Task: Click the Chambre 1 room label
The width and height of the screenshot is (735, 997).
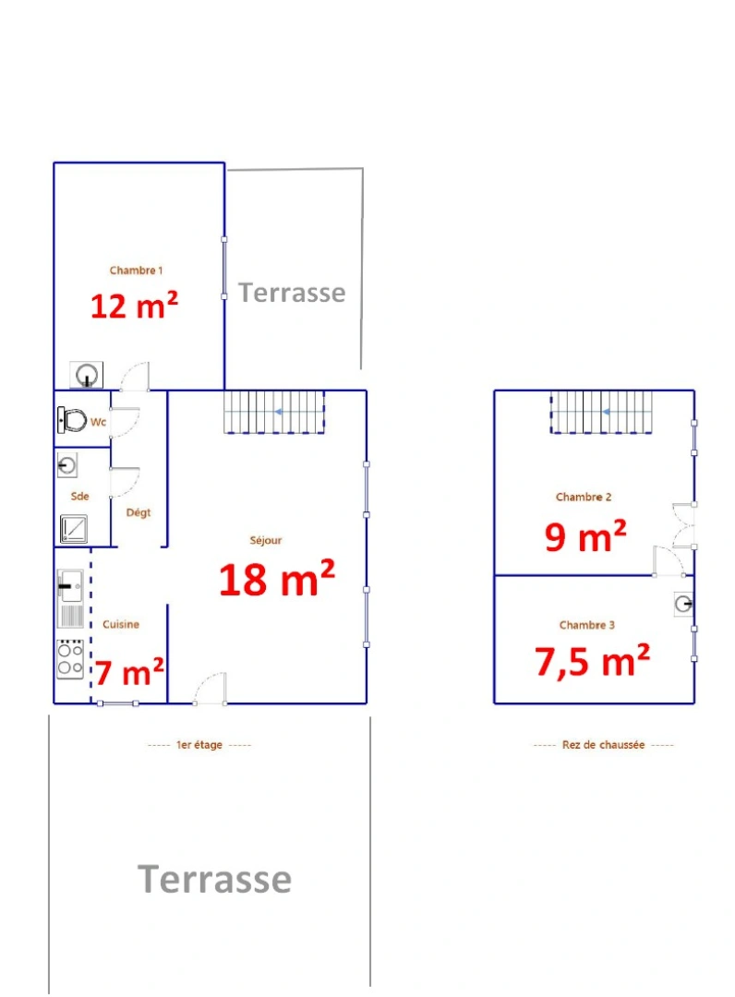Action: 136,270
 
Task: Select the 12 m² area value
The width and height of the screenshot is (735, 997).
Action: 134,306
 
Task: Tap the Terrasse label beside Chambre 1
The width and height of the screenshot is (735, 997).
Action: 292,293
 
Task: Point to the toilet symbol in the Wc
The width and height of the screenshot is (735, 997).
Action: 72,420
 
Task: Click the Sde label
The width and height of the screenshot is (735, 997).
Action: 80,496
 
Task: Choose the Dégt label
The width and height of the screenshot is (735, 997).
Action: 139,512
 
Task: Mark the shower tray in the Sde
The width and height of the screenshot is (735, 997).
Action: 73,528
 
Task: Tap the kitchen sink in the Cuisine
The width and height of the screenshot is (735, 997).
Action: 70,585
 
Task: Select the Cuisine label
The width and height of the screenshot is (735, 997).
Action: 121,624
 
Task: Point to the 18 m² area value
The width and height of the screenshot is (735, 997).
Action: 276,579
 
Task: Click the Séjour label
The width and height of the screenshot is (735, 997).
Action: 266,541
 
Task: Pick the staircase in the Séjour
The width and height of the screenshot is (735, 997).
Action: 275,412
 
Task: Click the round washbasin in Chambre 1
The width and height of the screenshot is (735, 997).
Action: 87,375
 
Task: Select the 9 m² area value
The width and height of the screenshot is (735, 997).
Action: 585,535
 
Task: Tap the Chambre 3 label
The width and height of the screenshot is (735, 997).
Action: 587,625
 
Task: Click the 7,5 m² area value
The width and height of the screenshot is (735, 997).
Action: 592,661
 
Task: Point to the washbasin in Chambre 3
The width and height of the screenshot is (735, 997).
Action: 682,604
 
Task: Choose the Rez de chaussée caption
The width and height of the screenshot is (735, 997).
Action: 603,745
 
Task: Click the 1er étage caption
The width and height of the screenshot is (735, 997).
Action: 199,745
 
